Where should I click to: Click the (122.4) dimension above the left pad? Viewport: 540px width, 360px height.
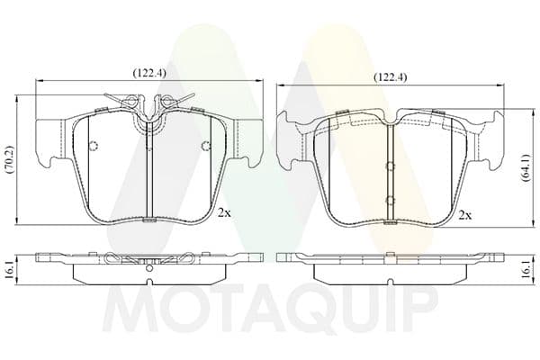click(x=149, y=73)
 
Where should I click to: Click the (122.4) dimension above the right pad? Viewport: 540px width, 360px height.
click(x=391, y=77)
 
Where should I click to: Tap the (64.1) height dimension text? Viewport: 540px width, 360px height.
click(x=526, y=167)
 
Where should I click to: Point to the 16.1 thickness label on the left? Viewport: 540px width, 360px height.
click(x=9, y=269)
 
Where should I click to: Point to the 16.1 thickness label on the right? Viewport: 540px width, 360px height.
click(x=526, y=269)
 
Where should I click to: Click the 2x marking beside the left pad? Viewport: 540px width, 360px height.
click(x=224, y=213)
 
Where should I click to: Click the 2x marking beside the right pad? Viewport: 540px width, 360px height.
click(x=465, y=216)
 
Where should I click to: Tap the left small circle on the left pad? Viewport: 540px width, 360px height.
click(x=94, y=146)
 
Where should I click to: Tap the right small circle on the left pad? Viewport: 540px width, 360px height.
click(x=205, y=146)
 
